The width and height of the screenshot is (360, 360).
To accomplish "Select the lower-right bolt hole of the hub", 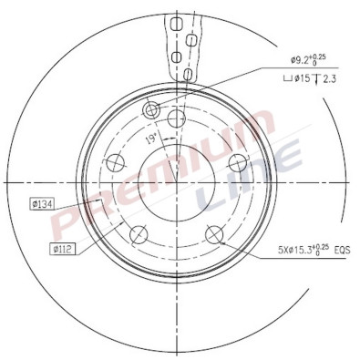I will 215,233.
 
